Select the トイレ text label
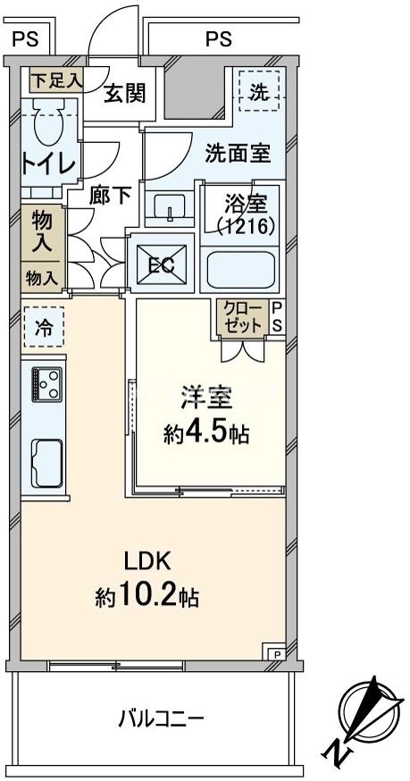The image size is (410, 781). click(x=42, y=164)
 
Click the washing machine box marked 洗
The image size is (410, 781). click(x=258, y=91)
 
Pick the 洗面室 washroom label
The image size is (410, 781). click(x=238, y=153)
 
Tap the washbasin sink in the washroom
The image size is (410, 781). click(x=168, y=209)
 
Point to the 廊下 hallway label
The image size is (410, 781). click(x=110, y=195)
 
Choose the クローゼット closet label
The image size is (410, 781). click(x=243, y=317)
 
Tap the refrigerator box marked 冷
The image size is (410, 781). click(x=44, y=328)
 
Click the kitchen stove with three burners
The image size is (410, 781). click(x=46, y=384)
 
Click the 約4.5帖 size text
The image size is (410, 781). click(x=206, y=434)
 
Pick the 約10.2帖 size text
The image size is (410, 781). click(x=146, y=596)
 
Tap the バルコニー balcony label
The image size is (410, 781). click(x=161, y=718)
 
